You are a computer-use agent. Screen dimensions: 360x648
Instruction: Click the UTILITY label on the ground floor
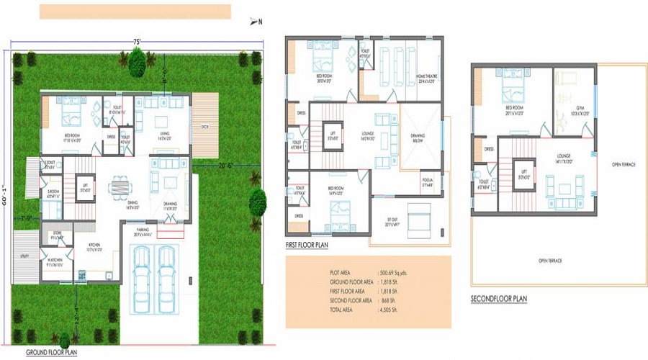(x=24, y=256)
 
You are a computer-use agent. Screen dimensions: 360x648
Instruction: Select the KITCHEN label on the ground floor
(x=95, y=246)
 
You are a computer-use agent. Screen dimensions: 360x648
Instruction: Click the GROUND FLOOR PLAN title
(x=52, y=353)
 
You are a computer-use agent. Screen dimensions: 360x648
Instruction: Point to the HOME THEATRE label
(x=407, y=78)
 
